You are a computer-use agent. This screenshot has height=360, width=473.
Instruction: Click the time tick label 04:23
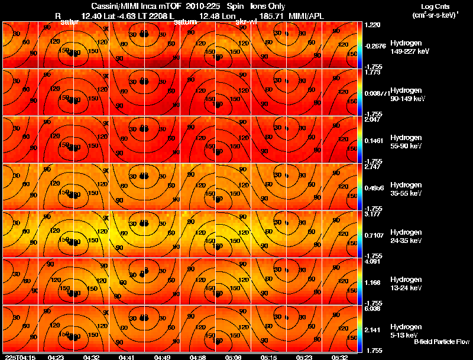(56, 357)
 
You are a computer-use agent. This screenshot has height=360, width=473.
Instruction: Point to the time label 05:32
(339, 357)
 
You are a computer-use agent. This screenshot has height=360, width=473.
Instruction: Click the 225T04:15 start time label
(20, 357)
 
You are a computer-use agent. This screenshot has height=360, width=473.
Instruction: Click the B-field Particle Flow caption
(441, 342)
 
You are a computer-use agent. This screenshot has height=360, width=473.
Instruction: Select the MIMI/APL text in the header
(306, 15)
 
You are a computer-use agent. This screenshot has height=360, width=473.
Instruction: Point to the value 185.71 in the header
(269, 15)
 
